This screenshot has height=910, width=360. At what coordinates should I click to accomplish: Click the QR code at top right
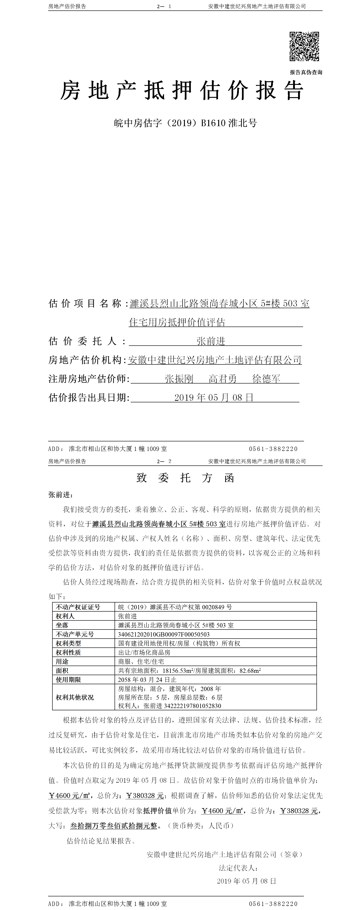tap(304, 46)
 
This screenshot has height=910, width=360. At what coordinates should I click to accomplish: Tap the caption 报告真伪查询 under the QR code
tap(306, 72)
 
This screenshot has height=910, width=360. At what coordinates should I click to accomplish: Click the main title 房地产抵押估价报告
tap(182, 91)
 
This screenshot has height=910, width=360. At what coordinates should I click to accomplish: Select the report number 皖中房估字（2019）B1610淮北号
tap(186, 123)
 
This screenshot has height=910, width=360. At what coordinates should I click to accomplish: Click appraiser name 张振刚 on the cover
tap(179, 379)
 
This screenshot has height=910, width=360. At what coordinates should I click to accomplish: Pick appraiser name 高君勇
tap(223, 379)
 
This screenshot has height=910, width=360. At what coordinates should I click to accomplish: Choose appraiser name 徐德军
tap(266, 379)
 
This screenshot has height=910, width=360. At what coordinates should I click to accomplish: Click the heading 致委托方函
tap(185, 478)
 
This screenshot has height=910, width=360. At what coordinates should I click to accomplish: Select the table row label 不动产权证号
tap(78, 607)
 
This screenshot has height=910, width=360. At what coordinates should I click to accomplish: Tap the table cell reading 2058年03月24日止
tap(147, 680)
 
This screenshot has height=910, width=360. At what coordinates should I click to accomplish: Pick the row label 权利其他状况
tap(75, 697)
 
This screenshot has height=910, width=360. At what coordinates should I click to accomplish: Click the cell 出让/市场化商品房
tap(144, 652)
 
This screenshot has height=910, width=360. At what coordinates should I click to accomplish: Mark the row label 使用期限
tap(68, 680)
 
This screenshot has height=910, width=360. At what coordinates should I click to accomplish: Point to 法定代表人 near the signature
tap(238, 868)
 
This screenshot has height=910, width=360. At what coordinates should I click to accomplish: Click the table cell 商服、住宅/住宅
tap(141, 661)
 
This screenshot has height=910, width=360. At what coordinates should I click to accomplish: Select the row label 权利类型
tap(68, 643)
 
